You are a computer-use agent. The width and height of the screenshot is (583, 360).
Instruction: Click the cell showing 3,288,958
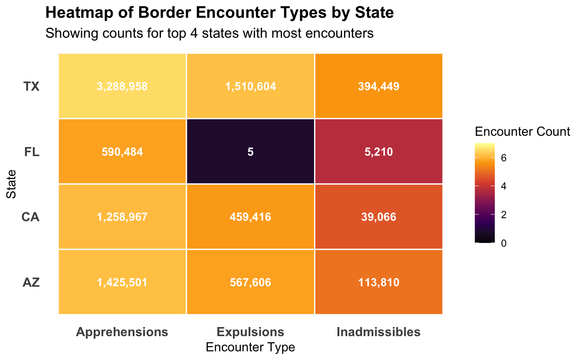[122, 86]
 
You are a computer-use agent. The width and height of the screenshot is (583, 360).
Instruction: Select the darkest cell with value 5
[250, 152]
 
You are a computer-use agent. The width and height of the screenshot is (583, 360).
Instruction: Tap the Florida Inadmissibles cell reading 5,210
[379, 152]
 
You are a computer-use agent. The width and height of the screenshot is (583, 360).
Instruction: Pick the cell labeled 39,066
[379, 217]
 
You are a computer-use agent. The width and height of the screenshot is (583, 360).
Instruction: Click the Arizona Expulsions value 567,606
[250, 283]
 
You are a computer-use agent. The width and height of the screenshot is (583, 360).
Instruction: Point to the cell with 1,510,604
[250, 86]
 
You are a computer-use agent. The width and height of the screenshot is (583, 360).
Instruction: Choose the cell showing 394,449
[379, 86]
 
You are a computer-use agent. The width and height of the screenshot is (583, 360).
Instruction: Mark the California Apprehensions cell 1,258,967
[122, 217]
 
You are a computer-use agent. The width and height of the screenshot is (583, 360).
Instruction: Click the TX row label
[32, 86]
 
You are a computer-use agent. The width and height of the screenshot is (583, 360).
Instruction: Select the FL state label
[32, 152]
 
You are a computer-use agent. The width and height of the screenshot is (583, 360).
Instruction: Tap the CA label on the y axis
[31, 217]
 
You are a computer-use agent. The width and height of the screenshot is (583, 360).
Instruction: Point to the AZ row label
[32, 283]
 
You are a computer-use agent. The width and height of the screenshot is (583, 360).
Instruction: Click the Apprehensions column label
[122, 332]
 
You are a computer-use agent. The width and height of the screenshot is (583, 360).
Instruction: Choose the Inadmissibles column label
[379, 332]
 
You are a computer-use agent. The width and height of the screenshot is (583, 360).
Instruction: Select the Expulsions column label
[250, 332]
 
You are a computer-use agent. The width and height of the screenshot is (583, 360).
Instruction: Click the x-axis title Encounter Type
[250, 347]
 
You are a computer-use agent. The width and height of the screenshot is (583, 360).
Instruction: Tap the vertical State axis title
[11, 184]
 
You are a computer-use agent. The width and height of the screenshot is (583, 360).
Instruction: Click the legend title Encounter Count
[522, 132]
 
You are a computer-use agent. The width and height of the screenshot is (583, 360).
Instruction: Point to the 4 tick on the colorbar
[503, 186]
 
